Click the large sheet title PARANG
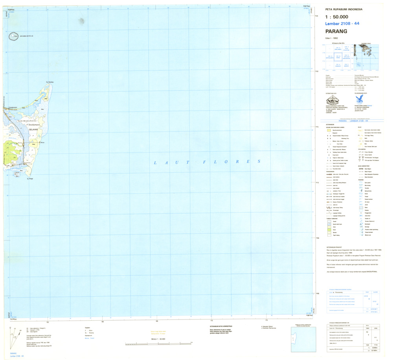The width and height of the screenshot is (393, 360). tap(336, 31)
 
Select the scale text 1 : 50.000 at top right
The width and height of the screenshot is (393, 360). tap(337, 17)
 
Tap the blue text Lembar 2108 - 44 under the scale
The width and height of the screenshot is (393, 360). tap(342, 24)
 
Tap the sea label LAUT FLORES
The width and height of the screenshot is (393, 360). tap(207, 162)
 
